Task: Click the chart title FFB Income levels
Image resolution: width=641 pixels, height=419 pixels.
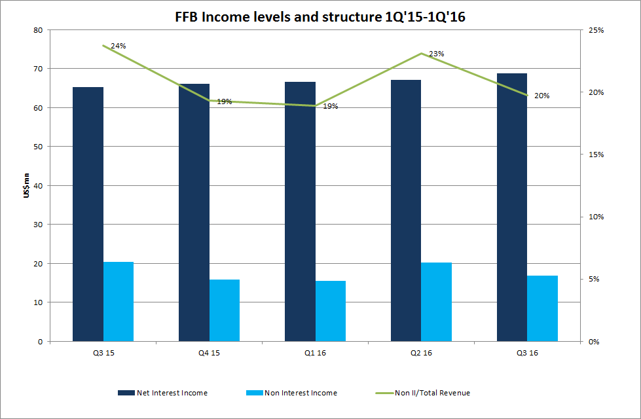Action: coord(321,17)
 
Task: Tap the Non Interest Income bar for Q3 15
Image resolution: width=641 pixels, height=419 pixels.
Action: coord(119,301)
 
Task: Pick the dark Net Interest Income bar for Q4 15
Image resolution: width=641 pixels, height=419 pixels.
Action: coord(194,212)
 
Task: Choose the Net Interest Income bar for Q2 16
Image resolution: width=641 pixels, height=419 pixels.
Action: coord(406,210)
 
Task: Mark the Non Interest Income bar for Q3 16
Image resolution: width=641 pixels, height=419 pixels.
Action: coord(543,308)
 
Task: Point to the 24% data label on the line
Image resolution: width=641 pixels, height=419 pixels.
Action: coord(119,46)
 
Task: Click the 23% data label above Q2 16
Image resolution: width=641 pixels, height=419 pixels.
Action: coord(437,54)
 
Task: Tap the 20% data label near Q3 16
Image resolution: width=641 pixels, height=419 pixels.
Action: coord(541,96)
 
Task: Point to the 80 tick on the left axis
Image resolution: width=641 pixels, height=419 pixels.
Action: coord(38,30)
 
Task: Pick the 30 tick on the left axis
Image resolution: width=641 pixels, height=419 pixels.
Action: coord(38,225)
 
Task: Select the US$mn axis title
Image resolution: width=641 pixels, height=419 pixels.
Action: coord(26,186)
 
